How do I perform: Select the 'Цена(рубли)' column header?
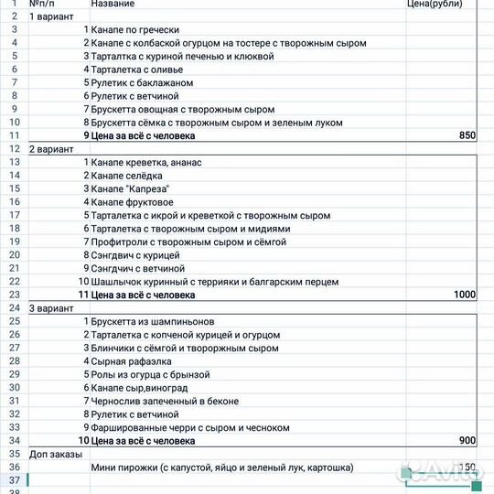tap(435, 4)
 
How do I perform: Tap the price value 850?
tap(467, 135)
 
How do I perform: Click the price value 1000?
tap(465, 295)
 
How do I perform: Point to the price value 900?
tap(467, 440)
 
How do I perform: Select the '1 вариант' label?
tap(51, 16)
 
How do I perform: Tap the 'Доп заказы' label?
tap(54, 454)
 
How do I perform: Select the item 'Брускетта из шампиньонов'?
tap(152, 322)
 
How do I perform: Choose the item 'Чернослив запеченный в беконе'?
tap(165, 401)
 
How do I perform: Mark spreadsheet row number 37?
tap(14, 480)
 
